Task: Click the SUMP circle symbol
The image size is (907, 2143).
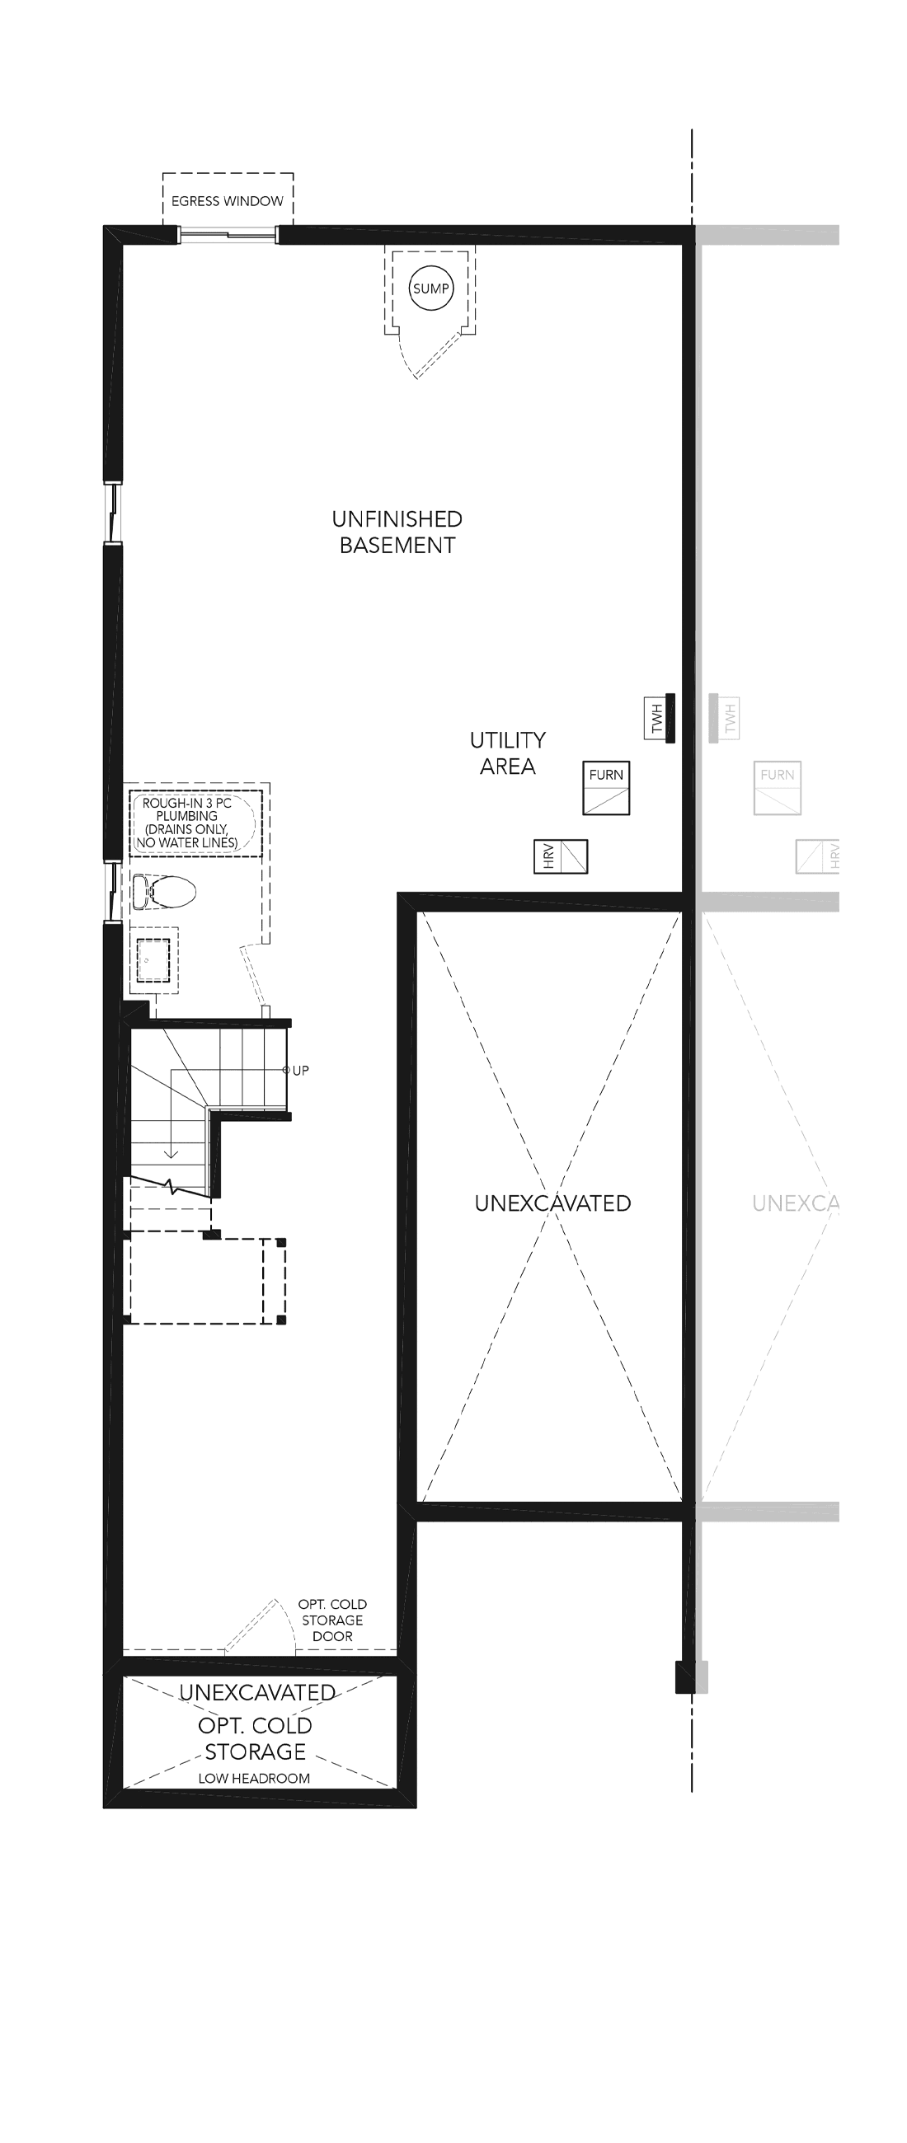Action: (431, 288)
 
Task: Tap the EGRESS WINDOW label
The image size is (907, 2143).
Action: (228, 201)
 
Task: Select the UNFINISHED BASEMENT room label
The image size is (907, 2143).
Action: (397, 532)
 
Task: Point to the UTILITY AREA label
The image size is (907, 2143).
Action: (508, 753)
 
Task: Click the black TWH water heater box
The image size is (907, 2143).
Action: (660, 718)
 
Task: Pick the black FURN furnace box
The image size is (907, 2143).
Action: (606, 788)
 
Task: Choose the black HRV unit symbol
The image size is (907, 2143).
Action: (561, 856)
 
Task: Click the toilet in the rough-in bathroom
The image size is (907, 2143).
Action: (164, 891)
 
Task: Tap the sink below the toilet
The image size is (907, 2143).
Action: (153, 960)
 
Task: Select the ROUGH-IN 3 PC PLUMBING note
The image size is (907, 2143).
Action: (187, 823)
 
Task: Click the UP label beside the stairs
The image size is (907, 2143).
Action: (300, 1071)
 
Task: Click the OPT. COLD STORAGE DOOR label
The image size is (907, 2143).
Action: (333, 1620)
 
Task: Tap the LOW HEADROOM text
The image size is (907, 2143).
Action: (254, 1778)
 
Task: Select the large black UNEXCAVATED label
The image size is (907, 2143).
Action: (552, 1203)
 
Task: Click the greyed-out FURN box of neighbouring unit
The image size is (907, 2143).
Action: (778, 788)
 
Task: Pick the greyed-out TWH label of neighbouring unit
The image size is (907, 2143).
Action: (731, 719)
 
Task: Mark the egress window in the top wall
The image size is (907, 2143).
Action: (228, 235)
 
